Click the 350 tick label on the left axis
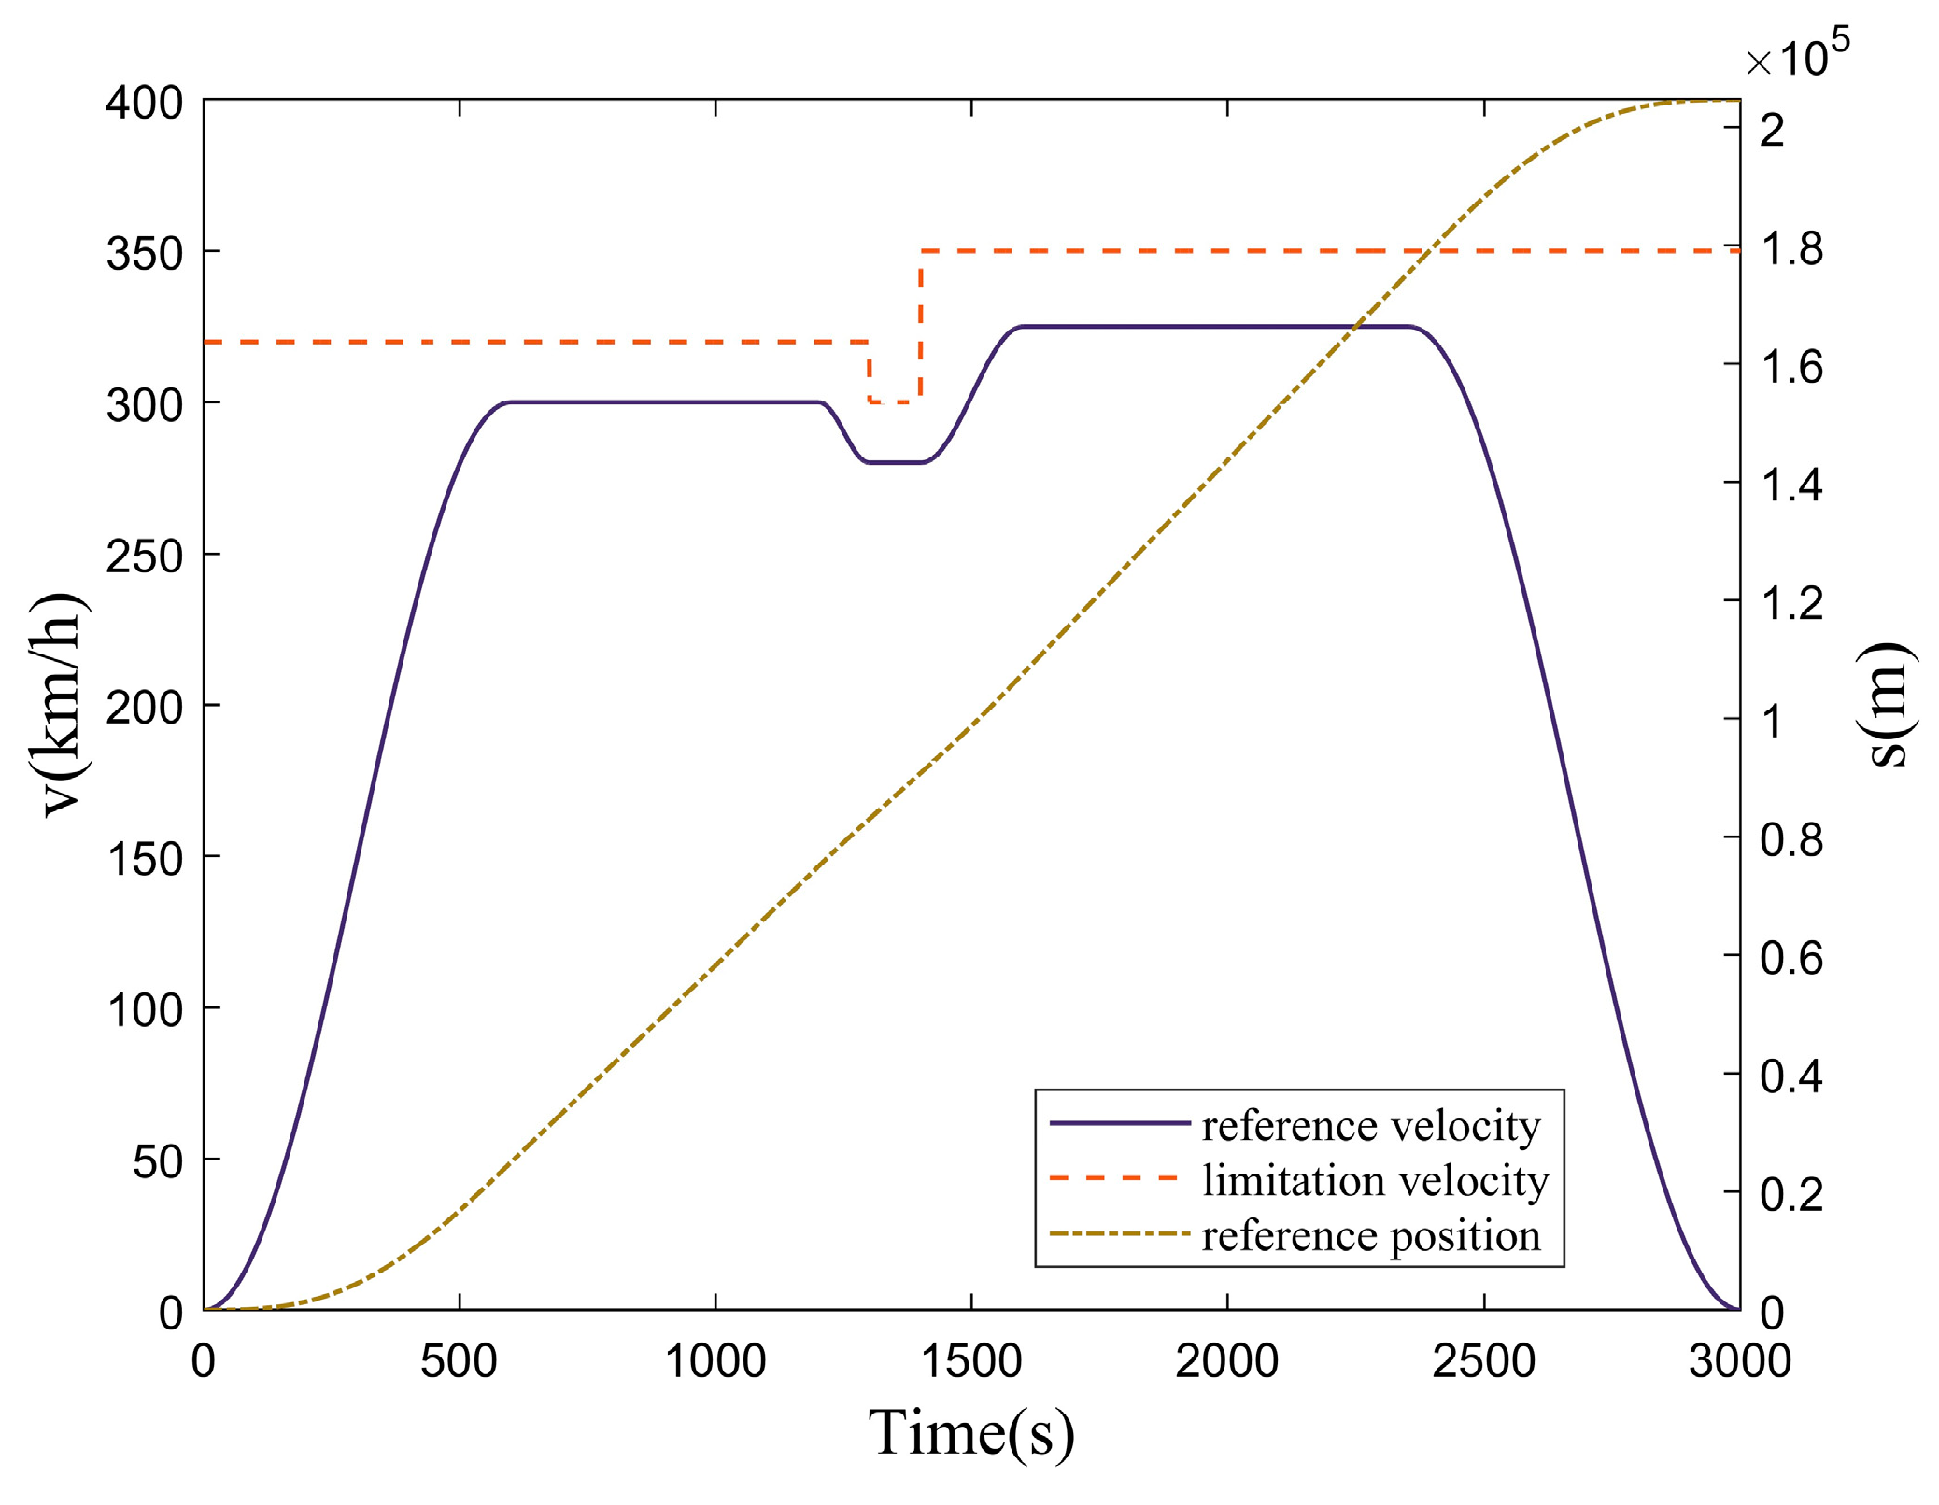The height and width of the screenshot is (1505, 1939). pos(144,254)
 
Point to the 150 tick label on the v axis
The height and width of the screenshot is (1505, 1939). pos(144,859)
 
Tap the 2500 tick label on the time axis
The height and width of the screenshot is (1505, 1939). pos(1483,1361)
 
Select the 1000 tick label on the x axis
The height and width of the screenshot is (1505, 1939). pos(715,1361)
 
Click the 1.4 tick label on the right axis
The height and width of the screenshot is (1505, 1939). pos(1791,485)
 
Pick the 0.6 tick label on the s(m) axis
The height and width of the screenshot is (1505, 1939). pos(1791,958)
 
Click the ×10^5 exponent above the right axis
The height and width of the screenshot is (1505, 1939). pos(1797,56)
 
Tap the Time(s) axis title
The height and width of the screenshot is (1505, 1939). pos(971,1432)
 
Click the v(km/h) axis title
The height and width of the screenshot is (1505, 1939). pos(64,704)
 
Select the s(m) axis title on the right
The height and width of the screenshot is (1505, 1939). pos(1890,704)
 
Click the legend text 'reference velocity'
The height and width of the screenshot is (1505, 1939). pos(1370,1126)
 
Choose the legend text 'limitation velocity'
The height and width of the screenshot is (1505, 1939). pos(1375,1180)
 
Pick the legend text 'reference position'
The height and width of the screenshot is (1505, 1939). pos(1370,1235)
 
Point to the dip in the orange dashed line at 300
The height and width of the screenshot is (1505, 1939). pos(894,402)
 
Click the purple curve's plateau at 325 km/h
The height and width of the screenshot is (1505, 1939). pos(1214,327)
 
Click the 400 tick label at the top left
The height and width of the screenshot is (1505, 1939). pos(144,102)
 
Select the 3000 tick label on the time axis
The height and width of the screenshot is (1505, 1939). pos(1739,1361)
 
